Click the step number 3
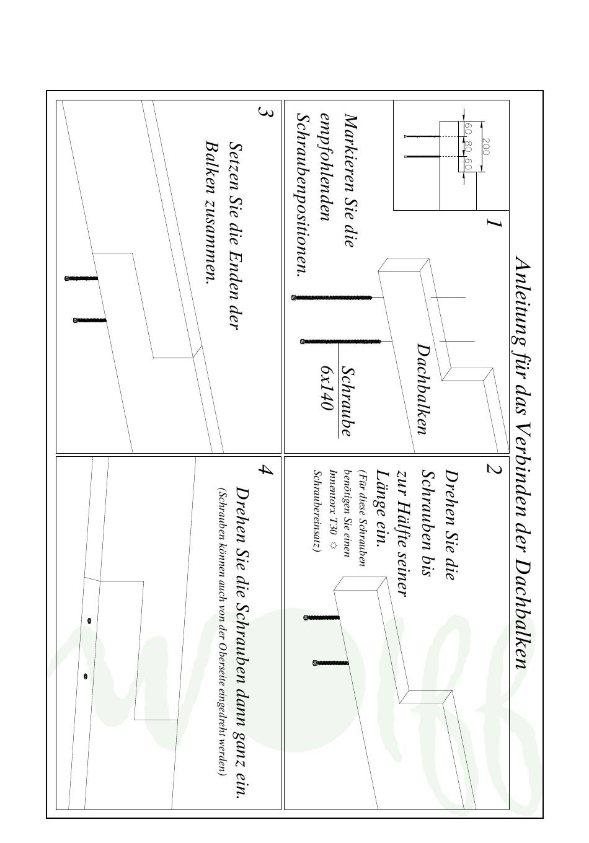click(265, 112)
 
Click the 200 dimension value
click(486, 147)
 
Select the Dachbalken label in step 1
click(423, 389)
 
